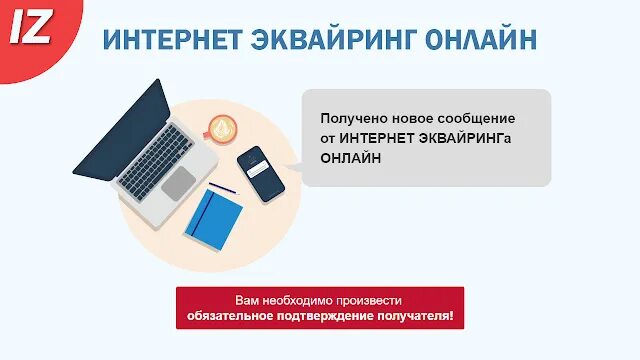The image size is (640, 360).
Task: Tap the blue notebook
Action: tap(213, 218)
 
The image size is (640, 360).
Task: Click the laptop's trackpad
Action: tap(179, 183)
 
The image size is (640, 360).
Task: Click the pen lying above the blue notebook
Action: tap(222, 188)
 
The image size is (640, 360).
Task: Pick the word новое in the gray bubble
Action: tap(411, 119)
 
